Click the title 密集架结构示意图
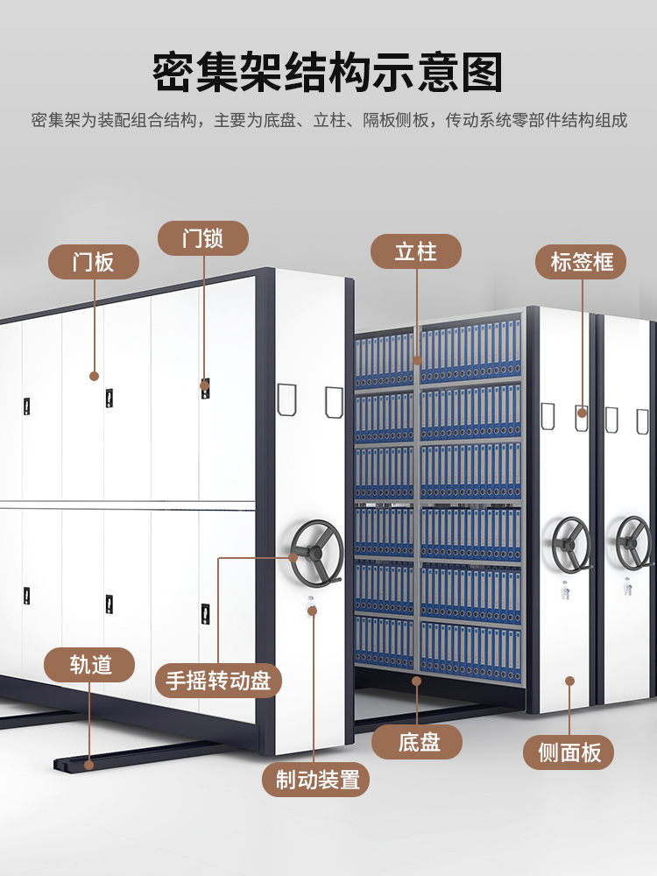pyautogui.click(x=328, y=74)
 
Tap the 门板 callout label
pyautogui.click(x=93, y=261)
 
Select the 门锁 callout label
pyautogui.click(x=203, y=238)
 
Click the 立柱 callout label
pyautogui.click(x=416, y=251)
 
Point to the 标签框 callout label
pyautogui.click(x=582, y=261)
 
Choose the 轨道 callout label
pyautogui.click(x=90, y=665)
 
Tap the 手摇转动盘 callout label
pyautogui.click(x=218, y=680)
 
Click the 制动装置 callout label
pyautogui.click(x=316, y=779)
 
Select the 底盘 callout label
pyautogui.click(x=417, y=742)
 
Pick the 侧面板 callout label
pyautogui.click(x=569, y=752)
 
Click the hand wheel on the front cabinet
pyautogui.click(x=316, y=549)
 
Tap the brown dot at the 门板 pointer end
pyautogui.click(x=94, y=376)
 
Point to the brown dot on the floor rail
pyautogui.click(x=89, y=764)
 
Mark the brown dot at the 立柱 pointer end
pyautogui.click(x=417, y=359)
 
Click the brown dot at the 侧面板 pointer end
pyautogui.click(x=569, y=680)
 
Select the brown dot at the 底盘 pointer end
pyautogui.click(x=417, y=679)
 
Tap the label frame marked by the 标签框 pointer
pyautogui.click(x=582, y=416)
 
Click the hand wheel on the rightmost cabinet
pyautogui.click(x=633, y=540)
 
